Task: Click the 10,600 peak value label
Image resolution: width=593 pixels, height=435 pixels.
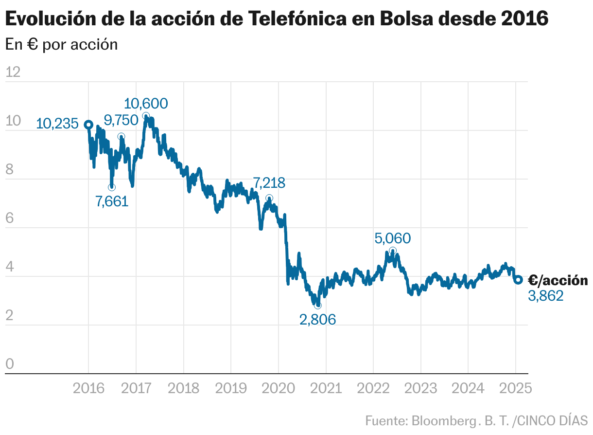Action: click(x=146, y=104)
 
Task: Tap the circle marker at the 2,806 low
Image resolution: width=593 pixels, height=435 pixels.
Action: click(x=318, y=305)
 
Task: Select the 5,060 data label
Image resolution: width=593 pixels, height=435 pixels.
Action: click(x=393, y=238)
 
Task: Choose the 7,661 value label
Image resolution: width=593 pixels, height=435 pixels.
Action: click(x=112, y=201)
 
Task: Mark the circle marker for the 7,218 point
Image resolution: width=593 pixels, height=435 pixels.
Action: click(x=269, y=198)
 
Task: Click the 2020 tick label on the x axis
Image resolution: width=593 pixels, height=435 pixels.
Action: click(x=278, y=388)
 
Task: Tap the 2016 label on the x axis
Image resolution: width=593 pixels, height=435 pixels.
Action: click(x=88, y=388)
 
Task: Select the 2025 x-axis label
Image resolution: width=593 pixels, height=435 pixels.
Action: click(x=515, y=388)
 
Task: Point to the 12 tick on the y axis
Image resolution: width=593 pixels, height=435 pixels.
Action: click(x=13, y=72)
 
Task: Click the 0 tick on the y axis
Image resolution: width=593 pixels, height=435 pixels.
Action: click(x=10, y=364)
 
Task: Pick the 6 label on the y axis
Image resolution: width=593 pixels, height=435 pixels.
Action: click(x=10, y=218)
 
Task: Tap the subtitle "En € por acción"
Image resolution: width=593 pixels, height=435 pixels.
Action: click(x=62, y=44)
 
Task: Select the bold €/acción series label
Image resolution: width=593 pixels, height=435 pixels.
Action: click(x=558, y=280)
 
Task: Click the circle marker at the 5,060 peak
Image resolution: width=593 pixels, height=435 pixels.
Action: click(x=393, y=251)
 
